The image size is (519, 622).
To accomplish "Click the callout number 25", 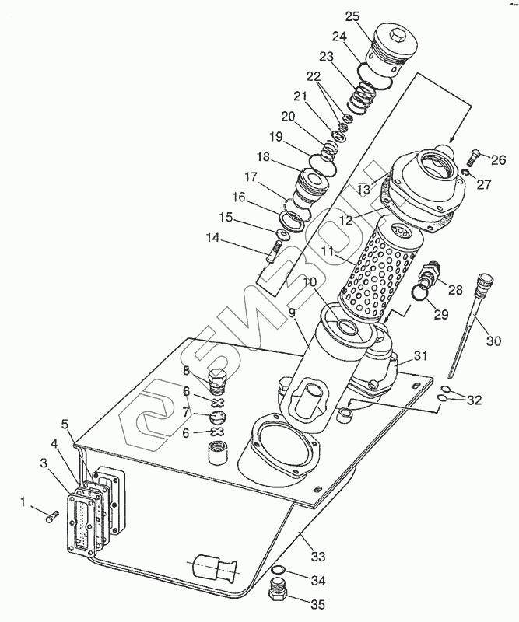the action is pyautogui.click(x=352, y=16).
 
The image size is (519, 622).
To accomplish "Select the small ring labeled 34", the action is pyautogui.click(x=278, y=571).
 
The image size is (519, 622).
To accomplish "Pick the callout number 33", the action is pyautogui.click(x=318, y=557).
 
